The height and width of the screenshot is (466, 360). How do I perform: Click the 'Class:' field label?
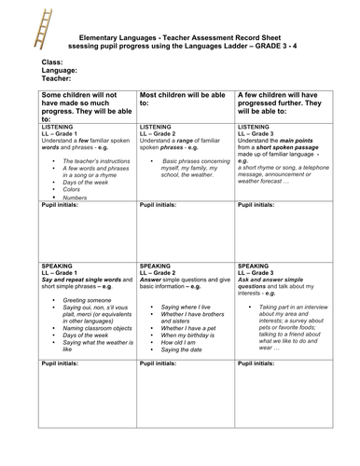tap(54, 62)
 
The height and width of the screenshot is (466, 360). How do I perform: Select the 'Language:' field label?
tap(61, 71)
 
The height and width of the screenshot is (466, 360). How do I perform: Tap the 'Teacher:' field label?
tap(58, 80)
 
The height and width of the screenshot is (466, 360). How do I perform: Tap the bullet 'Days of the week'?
tap(89, 184)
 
